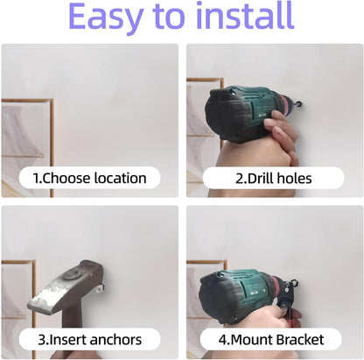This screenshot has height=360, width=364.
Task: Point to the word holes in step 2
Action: point(293,179)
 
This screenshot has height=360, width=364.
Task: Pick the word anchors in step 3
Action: point(110,339)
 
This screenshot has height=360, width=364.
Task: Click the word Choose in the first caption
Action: point(62,179)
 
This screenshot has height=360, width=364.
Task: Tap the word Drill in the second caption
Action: point(255,179)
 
